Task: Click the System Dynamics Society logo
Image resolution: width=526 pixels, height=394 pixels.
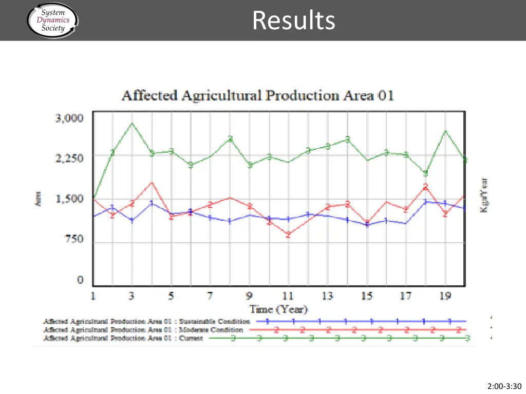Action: [52, 21]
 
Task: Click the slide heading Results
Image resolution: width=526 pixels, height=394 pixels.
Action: [294, 21]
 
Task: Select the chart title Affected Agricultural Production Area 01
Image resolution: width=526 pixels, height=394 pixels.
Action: [257, 96]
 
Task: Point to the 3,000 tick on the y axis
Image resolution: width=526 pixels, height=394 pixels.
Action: [69, 118]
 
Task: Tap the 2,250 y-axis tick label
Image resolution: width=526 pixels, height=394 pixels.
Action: [69, 158]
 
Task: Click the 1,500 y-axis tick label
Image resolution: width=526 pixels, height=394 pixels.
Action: [69, 199]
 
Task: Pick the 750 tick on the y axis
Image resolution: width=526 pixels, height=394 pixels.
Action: [73, 239]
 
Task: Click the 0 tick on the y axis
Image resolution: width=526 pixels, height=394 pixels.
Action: [80, 280]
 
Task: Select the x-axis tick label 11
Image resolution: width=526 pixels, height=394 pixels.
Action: [288, 296]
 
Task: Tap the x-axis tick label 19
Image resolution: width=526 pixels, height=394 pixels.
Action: [445, 296]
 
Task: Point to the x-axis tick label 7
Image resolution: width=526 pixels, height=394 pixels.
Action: [210, 296]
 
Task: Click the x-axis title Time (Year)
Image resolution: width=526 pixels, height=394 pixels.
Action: [278, 309]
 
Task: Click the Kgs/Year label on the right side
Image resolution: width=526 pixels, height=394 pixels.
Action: [484, 195]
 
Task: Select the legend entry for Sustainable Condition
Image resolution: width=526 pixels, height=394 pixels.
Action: [146, 322]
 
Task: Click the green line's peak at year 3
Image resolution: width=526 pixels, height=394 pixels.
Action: [132, 123]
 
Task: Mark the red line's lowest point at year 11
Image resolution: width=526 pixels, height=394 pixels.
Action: [288, 235]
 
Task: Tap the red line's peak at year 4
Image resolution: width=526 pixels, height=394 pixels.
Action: [152, 183]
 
